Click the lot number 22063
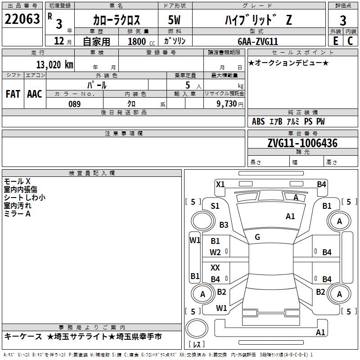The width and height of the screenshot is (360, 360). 22,20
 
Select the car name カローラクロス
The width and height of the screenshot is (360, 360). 117,20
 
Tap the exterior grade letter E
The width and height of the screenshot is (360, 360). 335,41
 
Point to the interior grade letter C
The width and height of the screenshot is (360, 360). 350,41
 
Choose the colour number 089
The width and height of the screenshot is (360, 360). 74,104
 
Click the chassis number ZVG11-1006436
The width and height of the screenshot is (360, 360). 302,144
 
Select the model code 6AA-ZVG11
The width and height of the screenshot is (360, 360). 258,41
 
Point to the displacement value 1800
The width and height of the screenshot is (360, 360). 137,41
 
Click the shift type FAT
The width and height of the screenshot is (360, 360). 13,94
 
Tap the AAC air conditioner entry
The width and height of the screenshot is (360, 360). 34,94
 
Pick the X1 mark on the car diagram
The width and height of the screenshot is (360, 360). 220,184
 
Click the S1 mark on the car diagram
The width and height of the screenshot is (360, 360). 215,206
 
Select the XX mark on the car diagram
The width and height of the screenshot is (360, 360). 216,268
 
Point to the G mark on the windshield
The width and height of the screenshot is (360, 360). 257,237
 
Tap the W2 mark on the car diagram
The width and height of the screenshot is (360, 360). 216,252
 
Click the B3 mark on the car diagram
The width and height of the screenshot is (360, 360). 224,225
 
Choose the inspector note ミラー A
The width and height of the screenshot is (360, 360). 17,214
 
